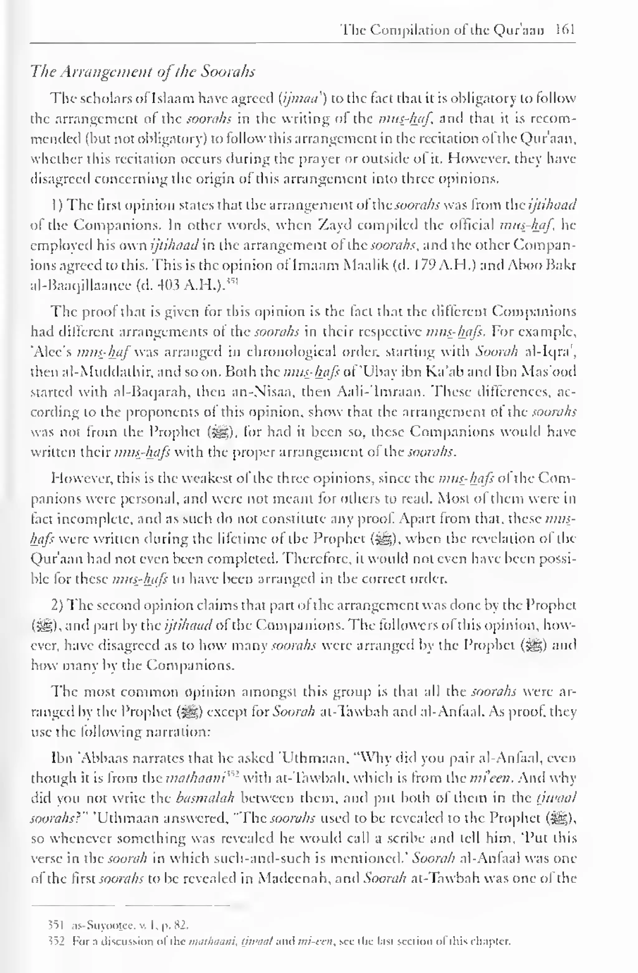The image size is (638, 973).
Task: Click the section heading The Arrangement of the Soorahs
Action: [143, 72]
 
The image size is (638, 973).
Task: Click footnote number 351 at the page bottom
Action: [55, 924]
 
